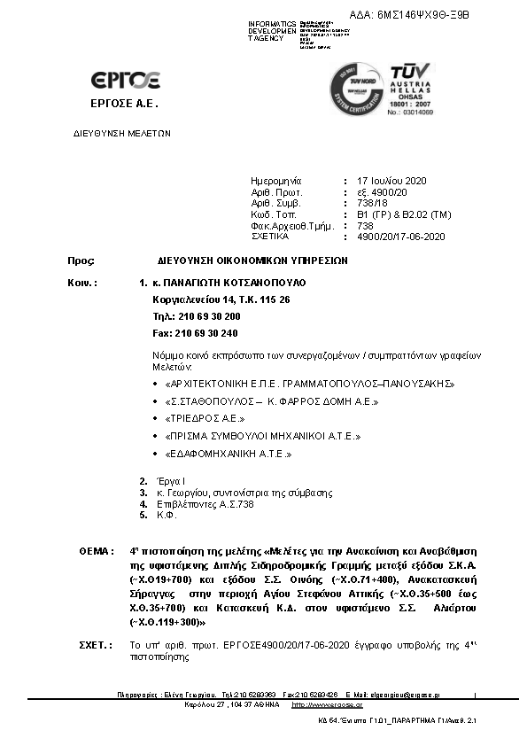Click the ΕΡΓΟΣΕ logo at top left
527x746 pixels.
click(125, 82)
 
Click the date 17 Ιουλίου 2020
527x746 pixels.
click(391, 181)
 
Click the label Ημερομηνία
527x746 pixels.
click(276, 181)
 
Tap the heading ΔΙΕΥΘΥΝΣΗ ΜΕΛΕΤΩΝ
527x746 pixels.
click(121, 134)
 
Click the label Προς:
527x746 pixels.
click(81, 261)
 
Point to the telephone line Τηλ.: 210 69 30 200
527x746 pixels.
click(196, 316)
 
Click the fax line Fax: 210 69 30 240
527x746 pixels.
click(195, 333)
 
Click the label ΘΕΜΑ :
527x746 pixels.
click(96, 551)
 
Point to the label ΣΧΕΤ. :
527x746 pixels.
click(96, 646)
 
